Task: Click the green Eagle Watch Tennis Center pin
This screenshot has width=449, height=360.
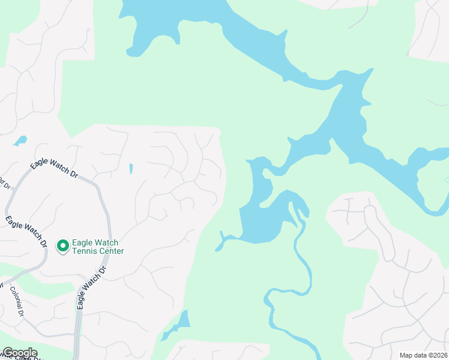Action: [x=62, y=245]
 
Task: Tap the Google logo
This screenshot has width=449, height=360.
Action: [x=19, y=353]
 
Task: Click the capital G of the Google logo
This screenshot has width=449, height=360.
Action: [x=7, y=353]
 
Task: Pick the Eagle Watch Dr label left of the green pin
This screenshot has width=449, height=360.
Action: [x=26, y=232]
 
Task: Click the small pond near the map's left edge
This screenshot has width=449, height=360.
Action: [x=20, y=141]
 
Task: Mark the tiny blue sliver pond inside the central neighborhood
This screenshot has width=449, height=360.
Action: [x=131, y=169]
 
